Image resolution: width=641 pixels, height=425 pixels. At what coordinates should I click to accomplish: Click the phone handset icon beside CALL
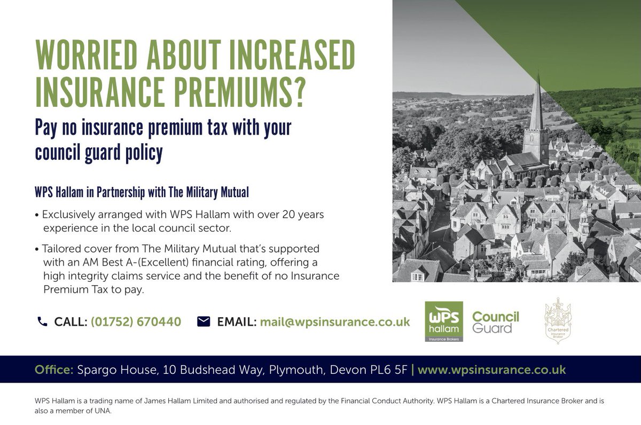(42, 321)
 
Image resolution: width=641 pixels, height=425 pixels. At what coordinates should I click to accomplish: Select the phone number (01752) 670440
(136, 322)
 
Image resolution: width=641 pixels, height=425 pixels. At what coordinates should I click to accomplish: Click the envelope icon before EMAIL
(204, 321)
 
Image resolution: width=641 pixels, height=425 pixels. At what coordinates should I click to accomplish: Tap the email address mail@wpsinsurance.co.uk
(335, 322)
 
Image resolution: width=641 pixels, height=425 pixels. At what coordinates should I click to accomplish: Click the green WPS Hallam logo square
(443, 321)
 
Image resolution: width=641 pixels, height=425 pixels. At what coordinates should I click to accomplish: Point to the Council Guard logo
(496, 322)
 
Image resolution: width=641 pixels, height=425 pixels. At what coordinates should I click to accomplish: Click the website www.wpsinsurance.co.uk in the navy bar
(491, 369)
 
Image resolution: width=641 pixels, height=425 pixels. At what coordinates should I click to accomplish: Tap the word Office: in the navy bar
(54, 369)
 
